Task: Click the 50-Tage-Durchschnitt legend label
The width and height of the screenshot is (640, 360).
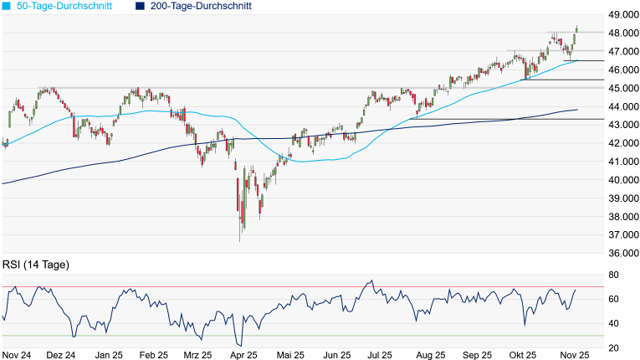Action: point(60,6)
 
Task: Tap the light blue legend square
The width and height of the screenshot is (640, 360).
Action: point(7,6)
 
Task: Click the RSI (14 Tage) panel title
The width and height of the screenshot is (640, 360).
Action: point(36,265)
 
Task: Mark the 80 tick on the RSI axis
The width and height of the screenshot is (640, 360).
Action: point(613,275)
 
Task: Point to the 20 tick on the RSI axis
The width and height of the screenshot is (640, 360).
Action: point(613,347)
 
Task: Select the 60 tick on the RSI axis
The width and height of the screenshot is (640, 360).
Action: point(613,299)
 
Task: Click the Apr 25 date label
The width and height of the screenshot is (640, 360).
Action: point(243,355)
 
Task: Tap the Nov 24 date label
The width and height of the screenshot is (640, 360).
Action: point(17,355)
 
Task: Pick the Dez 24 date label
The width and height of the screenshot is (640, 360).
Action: point(61,355)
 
